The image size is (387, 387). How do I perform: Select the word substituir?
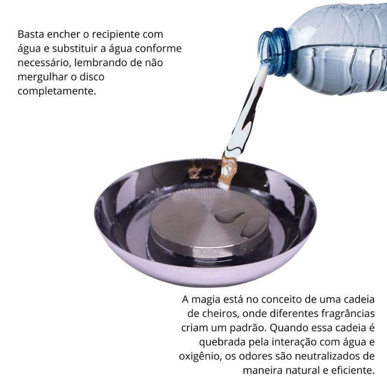point(75,48)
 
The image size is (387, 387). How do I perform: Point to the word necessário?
point(45,63)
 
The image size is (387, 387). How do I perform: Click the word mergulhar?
point(43,77)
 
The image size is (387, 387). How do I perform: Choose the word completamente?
point(57,91)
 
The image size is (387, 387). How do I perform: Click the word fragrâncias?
point(348,313)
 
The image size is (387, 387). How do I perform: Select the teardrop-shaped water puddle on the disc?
point(228,216)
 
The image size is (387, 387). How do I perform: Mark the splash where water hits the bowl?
point(228,172)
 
